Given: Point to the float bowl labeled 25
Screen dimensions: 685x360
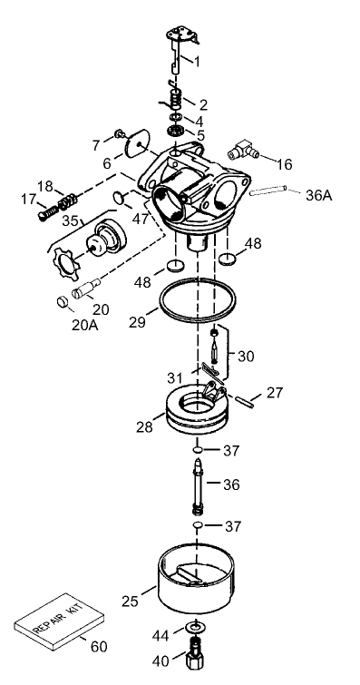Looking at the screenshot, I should [193, 584].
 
